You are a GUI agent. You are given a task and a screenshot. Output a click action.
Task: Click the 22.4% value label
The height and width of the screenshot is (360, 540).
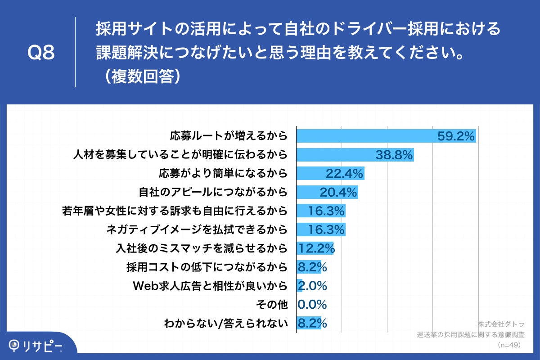344,173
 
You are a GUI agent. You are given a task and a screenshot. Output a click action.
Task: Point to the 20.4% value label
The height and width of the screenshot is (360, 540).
338,192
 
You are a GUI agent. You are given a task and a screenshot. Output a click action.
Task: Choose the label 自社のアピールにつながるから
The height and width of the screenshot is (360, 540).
213,192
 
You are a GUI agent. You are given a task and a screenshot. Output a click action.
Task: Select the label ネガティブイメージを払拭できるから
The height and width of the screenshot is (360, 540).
197,229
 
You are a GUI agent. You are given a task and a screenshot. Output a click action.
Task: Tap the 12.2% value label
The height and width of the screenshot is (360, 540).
316,248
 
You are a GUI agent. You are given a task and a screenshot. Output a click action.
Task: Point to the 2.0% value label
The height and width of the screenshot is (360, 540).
312,286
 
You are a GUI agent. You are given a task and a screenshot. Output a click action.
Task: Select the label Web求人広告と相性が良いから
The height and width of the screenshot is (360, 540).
210,286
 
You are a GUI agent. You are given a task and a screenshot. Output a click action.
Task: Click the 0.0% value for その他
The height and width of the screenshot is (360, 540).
312,305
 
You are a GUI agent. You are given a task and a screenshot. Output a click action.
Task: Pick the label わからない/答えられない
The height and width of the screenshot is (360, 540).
225,323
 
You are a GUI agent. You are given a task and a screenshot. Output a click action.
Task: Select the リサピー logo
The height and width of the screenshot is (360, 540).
36,346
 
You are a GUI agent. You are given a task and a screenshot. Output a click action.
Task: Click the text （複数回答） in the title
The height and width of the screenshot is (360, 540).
140,76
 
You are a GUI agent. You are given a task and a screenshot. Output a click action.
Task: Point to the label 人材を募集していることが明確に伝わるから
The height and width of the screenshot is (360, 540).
180,155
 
